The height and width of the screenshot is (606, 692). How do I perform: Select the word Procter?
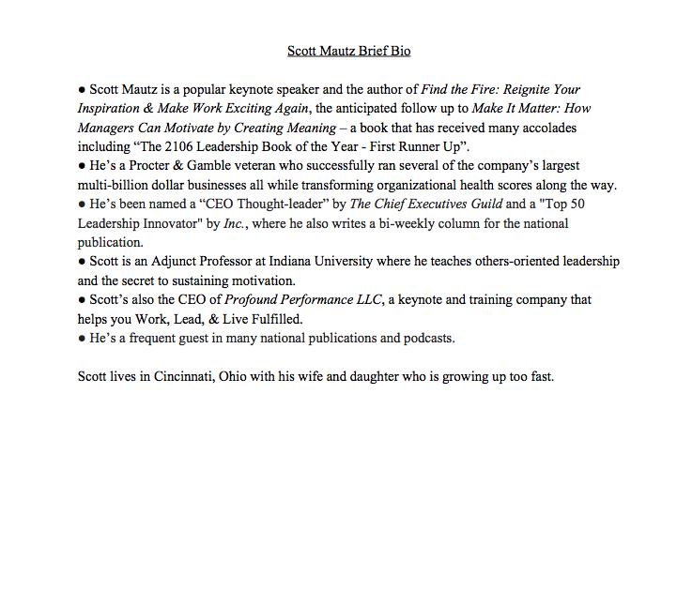pos(147,166)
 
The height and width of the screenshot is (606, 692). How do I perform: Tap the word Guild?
pos(482,205)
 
